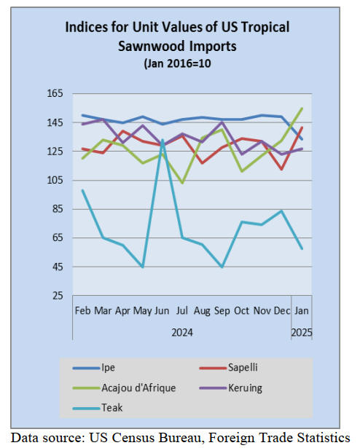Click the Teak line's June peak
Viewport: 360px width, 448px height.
pos(163,140)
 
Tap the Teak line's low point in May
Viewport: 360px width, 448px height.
pos(142,267)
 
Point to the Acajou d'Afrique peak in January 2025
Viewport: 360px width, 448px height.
pos(302,109)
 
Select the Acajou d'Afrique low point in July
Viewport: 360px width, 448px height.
pos(182,183)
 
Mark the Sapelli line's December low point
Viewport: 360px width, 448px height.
pos(281,169)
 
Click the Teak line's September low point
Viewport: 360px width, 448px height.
pos(222,267)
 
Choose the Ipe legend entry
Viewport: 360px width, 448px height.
pos(94,367)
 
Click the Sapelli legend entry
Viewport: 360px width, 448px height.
pos(228,367)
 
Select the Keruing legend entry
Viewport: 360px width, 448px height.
pos(230,388)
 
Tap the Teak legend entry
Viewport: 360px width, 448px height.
pos(98,408)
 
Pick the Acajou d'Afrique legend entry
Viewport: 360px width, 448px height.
pos(124,388)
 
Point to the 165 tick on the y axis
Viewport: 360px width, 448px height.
pos(55,93)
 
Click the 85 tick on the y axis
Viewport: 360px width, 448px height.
pos(57,209)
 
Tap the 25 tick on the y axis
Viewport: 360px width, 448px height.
pos(57,296)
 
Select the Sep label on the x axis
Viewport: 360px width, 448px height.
pos(222,311)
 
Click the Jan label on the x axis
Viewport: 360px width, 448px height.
pos(302,310)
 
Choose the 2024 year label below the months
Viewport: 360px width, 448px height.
pos(182,333)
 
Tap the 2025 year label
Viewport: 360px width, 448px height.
pos(302,333)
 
